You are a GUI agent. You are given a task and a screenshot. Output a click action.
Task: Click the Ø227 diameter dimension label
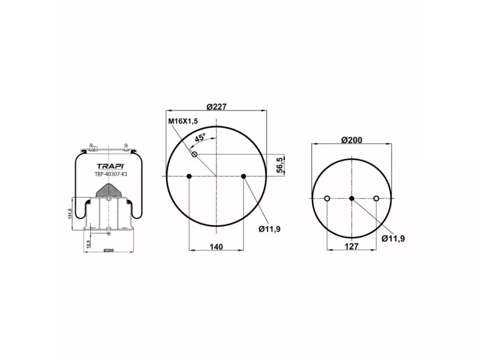point(217,107)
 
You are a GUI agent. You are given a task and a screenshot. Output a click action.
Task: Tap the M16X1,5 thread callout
point(183,121)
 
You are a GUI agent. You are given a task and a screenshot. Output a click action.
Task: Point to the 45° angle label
point(200,137)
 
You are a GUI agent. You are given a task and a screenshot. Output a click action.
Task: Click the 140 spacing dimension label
point(216,247)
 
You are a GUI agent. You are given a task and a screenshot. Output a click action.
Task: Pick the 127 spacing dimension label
point(352,247)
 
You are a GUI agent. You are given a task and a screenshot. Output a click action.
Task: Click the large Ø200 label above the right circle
point(352,140)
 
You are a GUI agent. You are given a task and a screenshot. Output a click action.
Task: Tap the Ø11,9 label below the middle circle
point(269,229)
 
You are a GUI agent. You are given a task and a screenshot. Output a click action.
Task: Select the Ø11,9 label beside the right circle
point(393,238)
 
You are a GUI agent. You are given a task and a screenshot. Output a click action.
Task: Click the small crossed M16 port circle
point(194,154)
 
